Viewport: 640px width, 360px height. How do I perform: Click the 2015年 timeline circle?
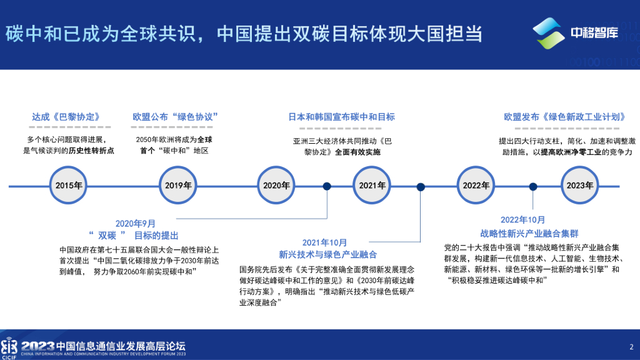(x=69, y=186)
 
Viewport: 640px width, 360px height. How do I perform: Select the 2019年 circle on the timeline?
(x=179, y=186)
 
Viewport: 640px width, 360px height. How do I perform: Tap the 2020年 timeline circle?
(x=276, y=186)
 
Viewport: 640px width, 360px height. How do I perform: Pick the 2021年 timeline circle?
(x=372, y=186)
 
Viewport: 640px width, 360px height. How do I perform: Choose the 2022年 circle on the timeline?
(x=476, y=186)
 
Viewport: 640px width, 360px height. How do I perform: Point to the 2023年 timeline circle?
(x=579, y=186)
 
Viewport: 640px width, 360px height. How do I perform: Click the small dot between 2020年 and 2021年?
(x=327, y=186)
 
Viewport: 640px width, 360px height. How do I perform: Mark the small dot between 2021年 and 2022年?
(x=421, y=186)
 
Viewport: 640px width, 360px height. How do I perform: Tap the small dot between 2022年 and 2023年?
(x=533, y=186)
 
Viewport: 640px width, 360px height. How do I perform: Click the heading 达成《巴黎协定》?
(x=66, y=117)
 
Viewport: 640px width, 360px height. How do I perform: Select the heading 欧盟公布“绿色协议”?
(x=175, y=117)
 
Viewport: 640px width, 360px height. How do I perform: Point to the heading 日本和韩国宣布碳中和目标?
(x=341, y=117)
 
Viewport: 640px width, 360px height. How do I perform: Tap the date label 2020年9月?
(x=136, y=223)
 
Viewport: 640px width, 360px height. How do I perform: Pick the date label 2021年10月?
(x=325, y=242)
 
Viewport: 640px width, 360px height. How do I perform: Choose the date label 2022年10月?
(x=523, y=220)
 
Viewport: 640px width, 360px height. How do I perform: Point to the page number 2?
(x=631, y=347)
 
